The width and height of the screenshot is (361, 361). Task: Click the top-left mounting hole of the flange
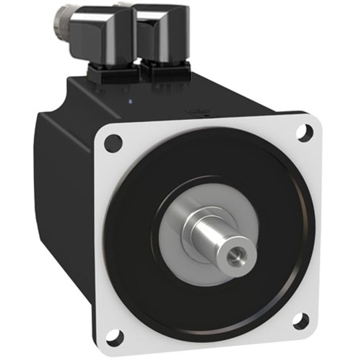tap(113, 143)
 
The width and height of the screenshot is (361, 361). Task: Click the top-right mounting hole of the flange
tap(305, 131)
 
